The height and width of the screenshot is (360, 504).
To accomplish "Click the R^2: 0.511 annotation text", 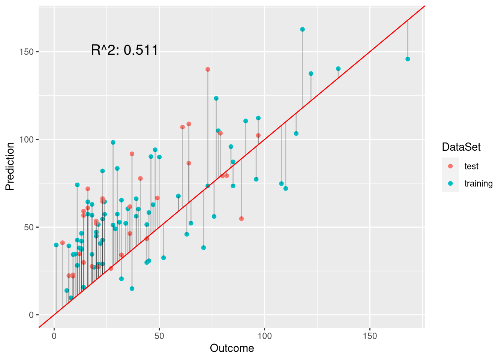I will [124, 50].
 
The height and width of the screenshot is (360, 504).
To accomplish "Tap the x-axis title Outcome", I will [232, 348].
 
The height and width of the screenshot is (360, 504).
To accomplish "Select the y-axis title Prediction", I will [10, 166].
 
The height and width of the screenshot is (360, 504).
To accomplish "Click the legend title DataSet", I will [461, 147].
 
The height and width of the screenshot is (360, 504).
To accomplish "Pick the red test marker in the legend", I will [450, 166].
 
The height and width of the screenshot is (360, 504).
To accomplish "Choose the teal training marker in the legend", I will [450, 183].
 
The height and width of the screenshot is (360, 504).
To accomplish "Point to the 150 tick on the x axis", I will [370, 336].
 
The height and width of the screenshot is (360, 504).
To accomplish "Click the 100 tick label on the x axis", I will [264, 336].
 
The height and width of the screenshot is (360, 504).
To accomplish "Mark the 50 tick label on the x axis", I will [159, 336].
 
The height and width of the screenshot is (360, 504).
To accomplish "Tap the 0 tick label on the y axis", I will [31, 315].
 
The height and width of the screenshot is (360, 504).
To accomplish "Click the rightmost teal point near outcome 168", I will [408, 59].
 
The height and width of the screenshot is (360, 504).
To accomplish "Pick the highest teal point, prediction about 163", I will [302, 29].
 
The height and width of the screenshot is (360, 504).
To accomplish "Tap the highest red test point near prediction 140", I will [208, 69].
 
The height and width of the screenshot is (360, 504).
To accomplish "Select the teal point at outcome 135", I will [338, 69].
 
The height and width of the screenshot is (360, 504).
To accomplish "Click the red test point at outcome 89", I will [241, 219].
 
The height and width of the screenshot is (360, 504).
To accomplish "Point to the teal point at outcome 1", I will [56, 245].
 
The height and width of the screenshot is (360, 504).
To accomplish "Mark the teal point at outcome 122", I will [311, 73].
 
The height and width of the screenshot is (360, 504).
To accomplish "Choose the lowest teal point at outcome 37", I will [132, 289].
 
